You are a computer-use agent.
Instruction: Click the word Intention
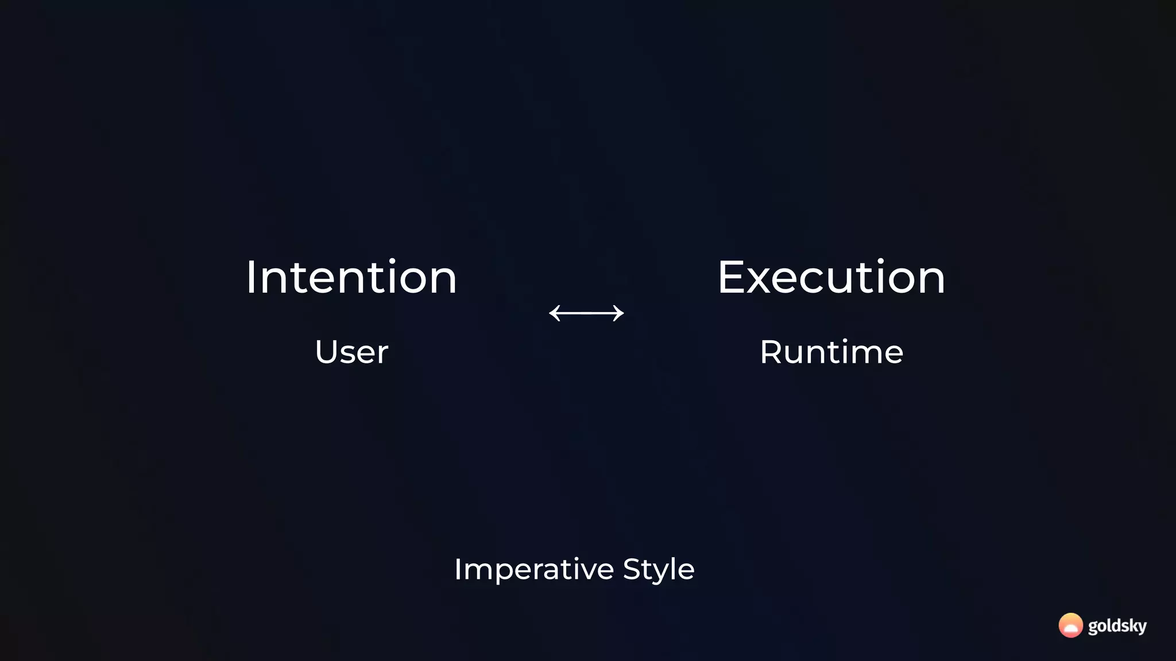click(x=351, y=278)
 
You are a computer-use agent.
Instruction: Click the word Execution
click(x=831, y=278)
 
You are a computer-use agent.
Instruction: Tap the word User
click(x=351, y=352)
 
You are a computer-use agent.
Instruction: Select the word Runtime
click(x=831, y=352)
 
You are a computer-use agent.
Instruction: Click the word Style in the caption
click(x=659, y=569)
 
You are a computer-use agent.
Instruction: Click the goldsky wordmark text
click(x=1117, y=625)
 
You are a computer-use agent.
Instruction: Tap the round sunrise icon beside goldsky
click(x=1070, y=625)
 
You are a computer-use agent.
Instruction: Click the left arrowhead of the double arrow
click(x=553, y=313)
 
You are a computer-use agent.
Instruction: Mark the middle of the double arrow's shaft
click(x=586, y=313)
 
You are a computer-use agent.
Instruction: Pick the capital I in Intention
click(x=250, y=278)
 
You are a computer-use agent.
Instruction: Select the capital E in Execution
click(x=731, y=278)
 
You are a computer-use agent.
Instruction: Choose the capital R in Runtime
click(x=771, y=352)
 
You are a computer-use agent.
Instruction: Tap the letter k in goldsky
click(x=1128, y=625)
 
